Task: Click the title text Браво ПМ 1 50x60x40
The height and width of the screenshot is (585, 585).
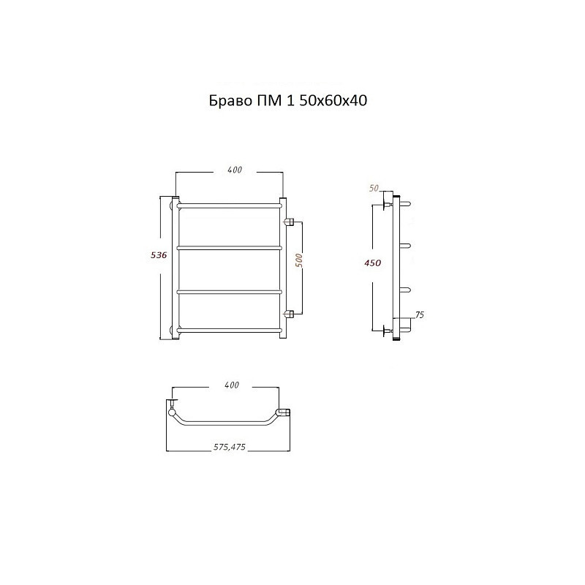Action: coord(287,101)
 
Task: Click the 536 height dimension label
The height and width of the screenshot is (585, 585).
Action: coord(159,255)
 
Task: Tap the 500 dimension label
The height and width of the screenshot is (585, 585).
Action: coord(299,260)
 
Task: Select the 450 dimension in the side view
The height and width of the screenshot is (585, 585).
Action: coord(373,263)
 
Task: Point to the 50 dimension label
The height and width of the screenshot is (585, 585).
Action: coord(374,189)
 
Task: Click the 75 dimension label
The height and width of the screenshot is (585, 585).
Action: coord(420,315)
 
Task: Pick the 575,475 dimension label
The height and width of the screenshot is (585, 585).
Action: coord(230,447)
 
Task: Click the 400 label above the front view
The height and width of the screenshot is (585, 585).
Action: coord(235,170)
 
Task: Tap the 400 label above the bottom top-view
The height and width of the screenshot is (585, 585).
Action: coord(232,385)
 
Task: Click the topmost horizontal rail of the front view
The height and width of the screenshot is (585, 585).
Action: coord(229,205)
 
